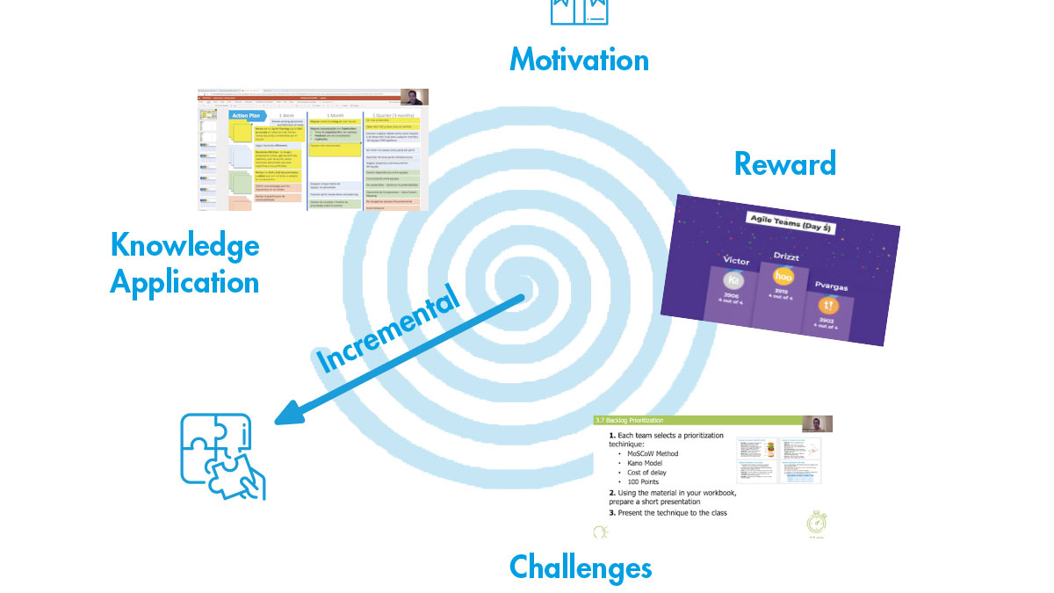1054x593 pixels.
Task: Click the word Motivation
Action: pos(579,60)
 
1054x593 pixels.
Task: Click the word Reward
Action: pos(784,163)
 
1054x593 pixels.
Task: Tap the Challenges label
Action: pos(581,567)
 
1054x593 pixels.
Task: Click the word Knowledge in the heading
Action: pos(185,245)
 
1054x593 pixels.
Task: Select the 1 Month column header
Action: pos(335,115)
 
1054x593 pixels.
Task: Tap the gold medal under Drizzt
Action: pos(783,277)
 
